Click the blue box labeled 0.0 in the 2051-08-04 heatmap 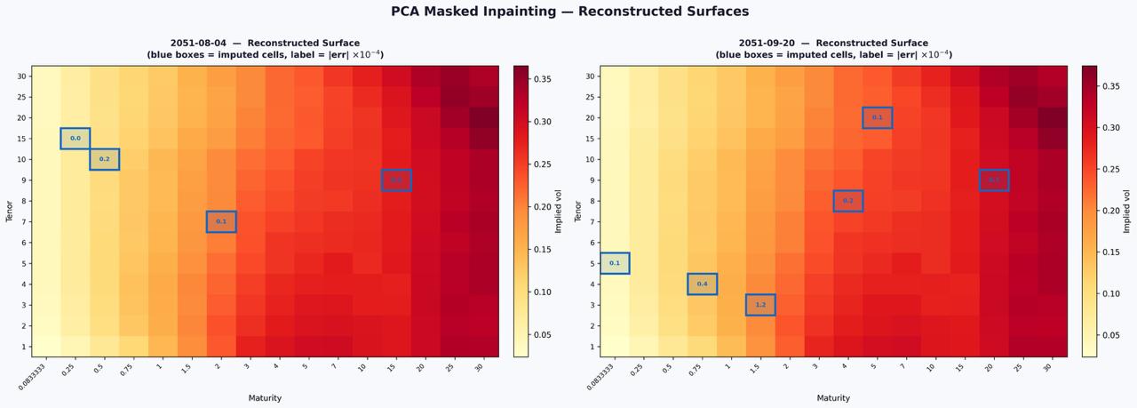tap(76, 139)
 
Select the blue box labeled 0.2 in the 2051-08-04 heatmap tap(104, 159)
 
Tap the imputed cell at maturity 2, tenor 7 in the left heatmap tap(221, 221)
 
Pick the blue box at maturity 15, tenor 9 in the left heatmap tap(396, 180)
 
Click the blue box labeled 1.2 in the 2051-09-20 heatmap tap(760, 305)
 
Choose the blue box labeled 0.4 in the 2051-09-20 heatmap tap(702, 284)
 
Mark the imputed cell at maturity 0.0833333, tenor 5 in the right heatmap tap(615, 263)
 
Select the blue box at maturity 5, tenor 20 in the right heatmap tap(877, 117)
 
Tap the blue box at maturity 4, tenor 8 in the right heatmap tap(848, 201)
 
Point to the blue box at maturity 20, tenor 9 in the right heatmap tap(994, 180)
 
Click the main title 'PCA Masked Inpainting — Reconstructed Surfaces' tap(569, 12)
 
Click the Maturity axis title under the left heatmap tap(265, 397)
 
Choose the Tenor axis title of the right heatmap tap(579, 211)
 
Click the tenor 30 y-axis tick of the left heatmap tap(21, 76)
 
